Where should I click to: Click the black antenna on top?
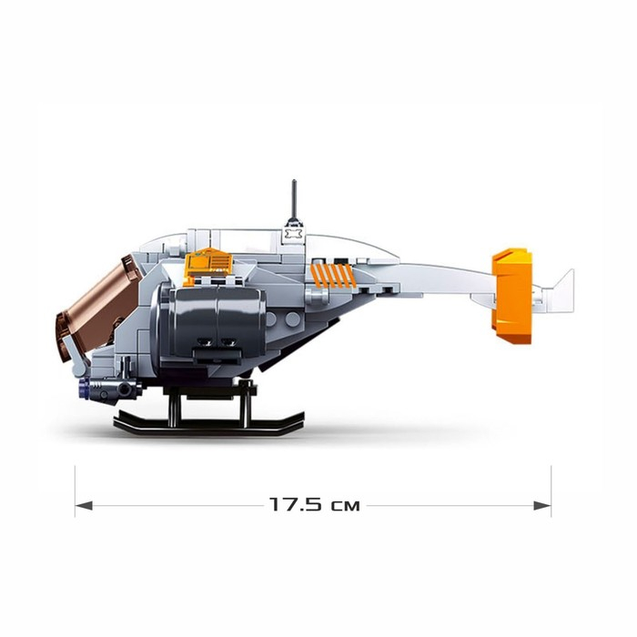[295, 200]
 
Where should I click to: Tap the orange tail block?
[511, 296]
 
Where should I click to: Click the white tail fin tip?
[571, 271]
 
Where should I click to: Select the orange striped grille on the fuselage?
[331, 276]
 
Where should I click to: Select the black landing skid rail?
[209, 425]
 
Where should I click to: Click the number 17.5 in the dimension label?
[297, 505]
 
